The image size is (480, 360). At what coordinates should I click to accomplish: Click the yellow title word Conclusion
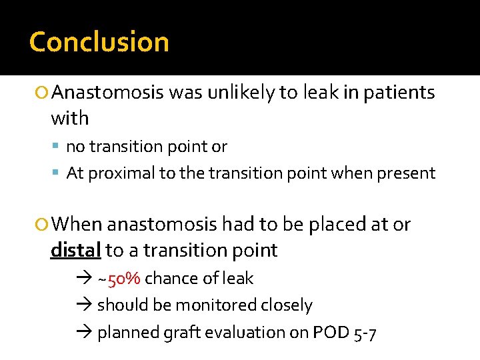pyautogui.click(x=99, y=42)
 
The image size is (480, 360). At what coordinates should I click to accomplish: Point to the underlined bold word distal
pyautogui.click(x=75, y=250)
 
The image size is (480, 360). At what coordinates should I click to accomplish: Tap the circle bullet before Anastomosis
pyautogui.click(x=43, y=93)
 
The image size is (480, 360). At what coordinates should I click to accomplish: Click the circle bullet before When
pyautogui.click(x=43, y=225)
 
